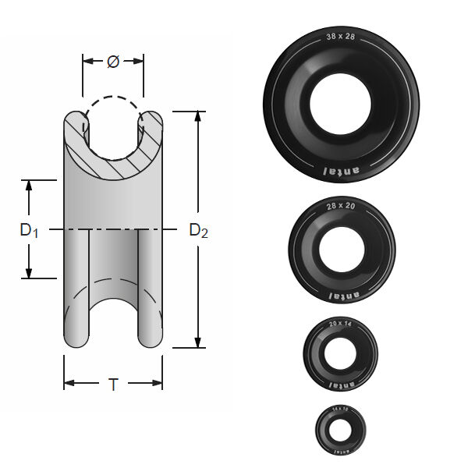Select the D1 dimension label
tap(29, 230)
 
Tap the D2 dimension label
tap(199, 230)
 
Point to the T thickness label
tap(113, 384)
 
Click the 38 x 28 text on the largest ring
tap(341, 37)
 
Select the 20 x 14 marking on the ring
tap(341, 323)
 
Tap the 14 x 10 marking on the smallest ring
tap(341, 408)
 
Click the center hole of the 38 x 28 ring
tap(341, 103)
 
